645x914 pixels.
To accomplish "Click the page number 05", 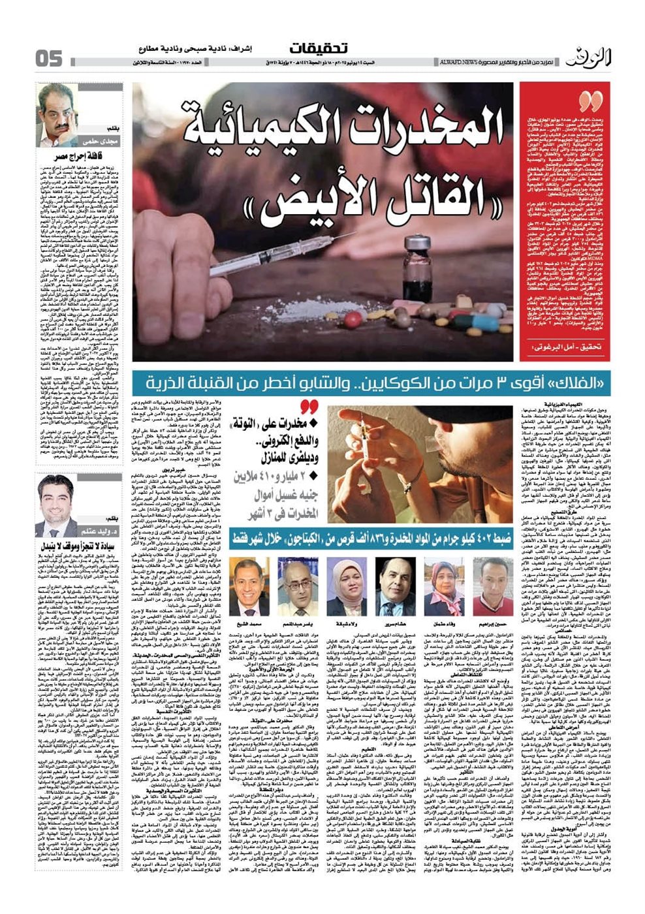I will click(49, 58).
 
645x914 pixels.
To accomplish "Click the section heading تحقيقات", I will click(318, 48).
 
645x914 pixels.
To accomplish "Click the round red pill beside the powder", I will click(353, 319).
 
